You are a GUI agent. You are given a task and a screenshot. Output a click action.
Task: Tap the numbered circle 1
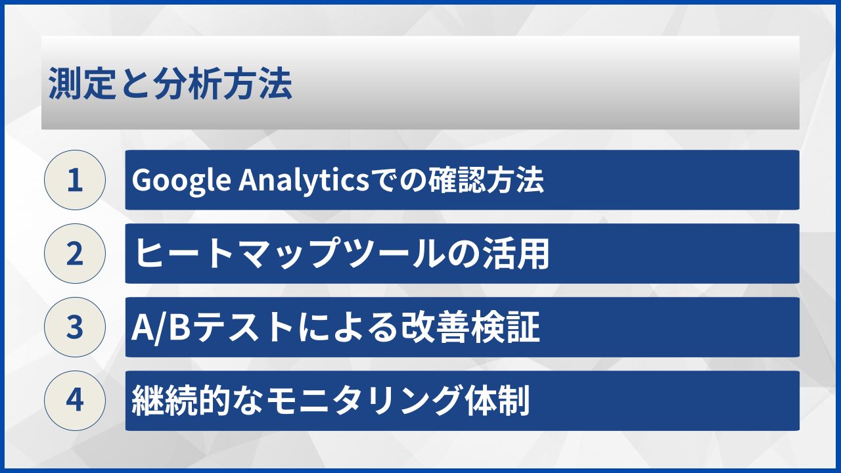click(75, 180)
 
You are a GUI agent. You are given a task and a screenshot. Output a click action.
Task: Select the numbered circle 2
click(75, 254)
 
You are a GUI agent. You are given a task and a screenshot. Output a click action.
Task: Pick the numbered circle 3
click(75, 327)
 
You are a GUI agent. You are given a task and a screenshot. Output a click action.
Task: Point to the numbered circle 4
click(75, 401)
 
